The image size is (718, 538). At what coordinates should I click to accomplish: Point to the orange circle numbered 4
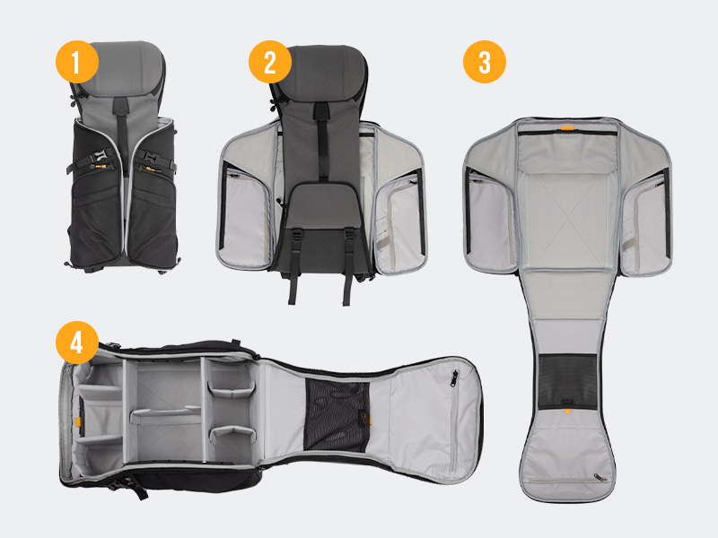[x=76, y=341]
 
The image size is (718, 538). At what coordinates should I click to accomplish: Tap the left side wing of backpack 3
[x=490, y=215]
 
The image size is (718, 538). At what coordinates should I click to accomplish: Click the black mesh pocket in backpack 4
[x=337, y=415]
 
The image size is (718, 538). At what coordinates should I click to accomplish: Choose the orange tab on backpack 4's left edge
[x=77, y=421]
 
